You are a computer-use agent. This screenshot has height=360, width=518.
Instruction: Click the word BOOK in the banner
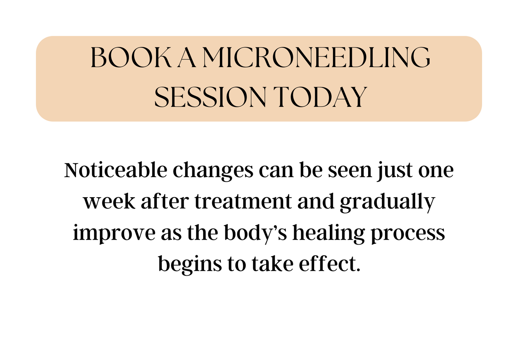131,57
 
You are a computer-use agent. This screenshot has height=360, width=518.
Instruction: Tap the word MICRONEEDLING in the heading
316,57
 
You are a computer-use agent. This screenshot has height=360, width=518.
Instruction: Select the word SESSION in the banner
210,97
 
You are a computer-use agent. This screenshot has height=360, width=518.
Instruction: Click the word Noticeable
116,170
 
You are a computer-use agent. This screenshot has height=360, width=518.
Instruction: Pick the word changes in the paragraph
213,171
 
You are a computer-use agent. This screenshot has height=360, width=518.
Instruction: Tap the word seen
349,171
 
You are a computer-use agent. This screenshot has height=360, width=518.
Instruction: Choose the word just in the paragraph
395,171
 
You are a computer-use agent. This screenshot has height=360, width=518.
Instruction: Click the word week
109,201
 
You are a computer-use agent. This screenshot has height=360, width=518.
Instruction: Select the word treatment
243,202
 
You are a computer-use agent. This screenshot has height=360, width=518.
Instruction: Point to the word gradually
387,202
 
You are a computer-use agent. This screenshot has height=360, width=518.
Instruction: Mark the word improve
114,234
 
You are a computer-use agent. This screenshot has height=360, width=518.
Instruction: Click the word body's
256,233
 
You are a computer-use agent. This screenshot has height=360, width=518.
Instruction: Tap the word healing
329,234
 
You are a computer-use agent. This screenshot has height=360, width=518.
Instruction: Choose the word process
408,235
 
